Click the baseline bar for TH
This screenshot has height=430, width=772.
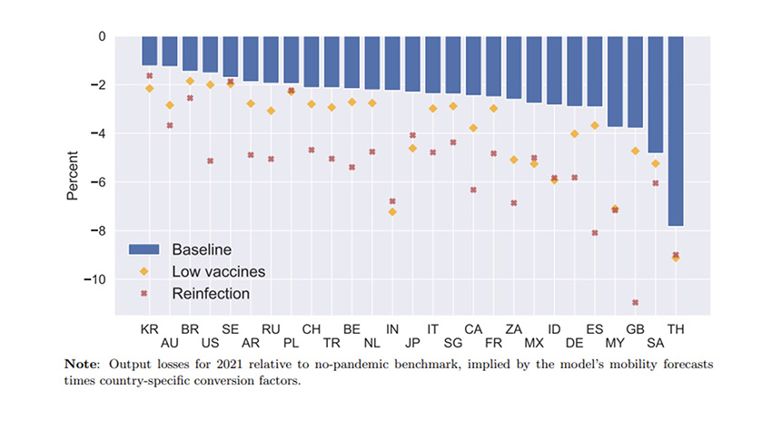click(x=676, y=131)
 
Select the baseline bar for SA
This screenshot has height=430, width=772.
click(x=656, y=94)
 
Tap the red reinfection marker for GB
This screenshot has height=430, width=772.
click(x=636, y=303)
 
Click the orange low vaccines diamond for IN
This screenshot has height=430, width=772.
click(x=392, y=212)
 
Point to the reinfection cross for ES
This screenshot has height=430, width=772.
click(x=595, y=233)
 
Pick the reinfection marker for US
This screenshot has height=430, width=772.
click(x=210, y=161)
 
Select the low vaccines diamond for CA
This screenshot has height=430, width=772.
click(x=473, y=128)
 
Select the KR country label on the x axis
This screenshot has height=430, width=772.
click(x=149, y=327)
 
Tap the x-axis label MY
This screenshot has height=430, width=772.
click(x=615, y=343)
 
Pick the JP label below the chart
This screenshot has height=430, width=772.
click(x=412, y=343)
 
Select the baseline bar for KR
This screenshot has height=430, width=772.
click(x=149, y=51)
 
